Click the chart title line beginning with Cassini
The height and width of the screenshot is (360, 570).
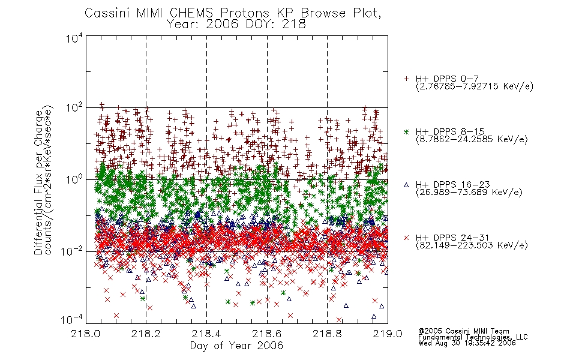pos(233,13)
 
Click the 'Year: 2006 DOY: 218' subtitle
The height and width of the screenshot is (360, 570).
pos(236,25)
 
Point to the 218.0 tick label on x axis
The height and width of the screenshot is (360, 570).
pos(86,334)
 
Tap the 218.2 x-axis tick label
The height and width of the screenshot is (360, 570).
pos(146,334)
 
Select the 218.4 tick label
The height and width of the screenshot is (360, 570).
pos(206,334)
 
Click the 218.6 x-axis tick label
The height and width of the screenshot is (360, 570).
pos(267,334)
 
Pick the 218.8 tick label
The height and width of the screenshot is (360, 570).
pos(327,334)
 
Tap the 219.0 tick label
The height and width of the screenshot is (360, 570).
pos(388,334)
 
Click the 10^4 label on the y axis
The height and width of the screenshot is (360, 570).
pos(74,38)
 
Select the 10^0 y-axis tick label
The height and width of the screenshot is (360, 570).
pos(74,179)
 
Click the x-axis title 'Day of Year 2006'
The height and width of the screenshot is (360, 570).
pos(236,346)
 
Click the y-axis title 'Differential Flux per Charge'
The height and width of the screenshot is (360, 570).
pos(38,182)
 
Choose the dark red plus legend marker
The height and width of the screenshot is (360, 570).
pos(406,79)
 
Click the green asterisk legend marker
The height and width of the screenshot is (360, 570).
pos(406,131)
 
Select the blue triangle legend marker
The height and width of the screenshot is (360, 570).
pos(406,185)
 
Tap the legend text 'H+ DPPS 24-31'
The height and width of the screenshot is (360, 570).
pos(452,238)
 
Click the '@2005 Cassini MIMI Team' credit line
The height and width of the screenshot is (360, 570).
pos(464,331)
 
